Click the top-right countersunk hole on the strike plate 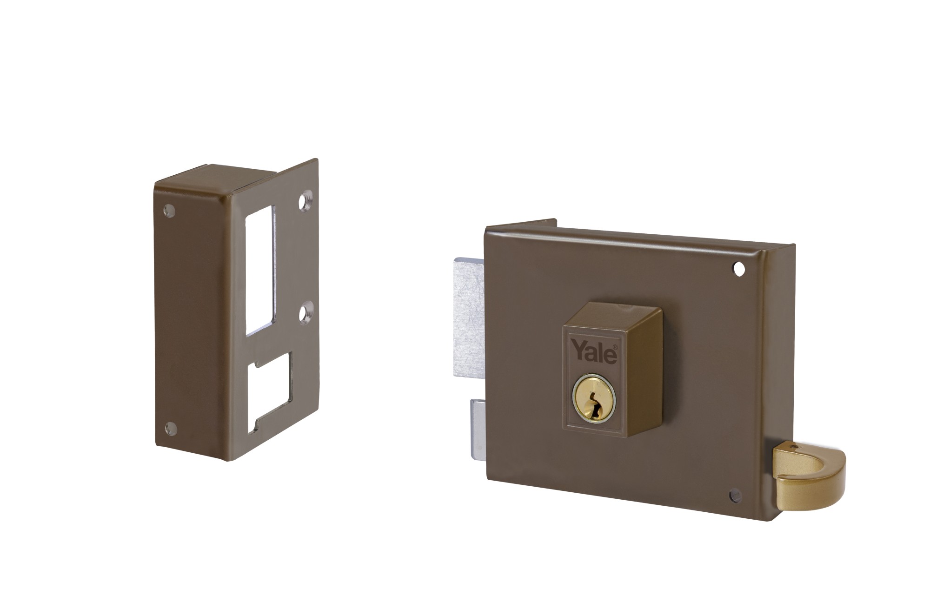[x=305, y=202]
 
